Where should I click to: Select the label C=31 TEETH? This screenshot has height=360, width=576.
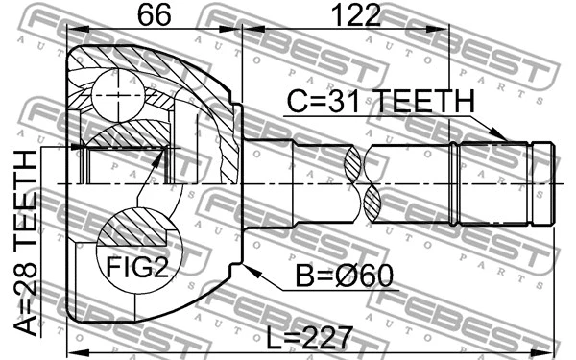[378, 101]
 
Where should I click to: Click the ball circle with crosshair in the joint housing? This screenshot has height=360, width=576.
[117, 95]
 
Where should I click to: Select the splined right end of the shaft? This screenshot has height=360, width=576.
[493, 181]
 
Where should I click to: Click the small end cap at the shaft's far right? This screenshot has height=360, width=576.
[543, 181]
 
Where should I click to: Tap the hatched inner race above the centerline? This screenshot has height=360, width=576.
[125, 135]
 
